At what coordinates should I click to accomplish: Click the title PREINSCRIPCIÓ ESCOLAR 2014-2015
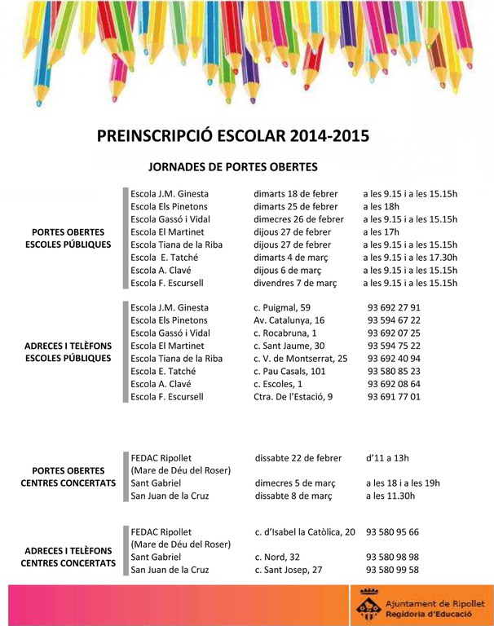pyautogui.click(x=232, y=135)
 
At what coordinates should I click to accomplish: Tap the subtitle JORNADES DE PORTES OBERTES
pyautogui.click(x=232, y=167)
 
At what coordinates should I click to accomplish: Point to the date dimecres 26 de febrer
pyautogui.click(x=298, y=219)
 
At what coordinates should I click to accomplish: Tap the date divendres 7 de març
pyautogui.click(x=295, y=283)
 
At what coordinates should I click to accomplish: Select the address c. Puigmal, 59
pyautogui.click(x=282, y=308)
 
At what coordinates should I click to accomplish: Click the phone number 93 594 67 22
pyautogui.click(x=394, y=320)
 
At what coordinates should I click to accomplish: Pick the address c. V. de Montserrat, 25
pyautogui.click(x=301, y=359)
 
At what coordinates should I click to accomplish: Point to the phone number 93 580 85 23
pyautogui.click(x=394, y=372)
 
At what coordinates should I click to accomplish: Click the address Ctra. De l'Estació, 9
pyautogui.click(x=293, y=397)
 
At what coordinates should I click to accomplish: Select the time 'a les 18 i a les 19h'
pyautogui.click(x=404, y=483)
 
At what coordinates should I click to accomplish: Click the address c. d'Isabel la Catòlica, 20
pyautogui.click(x=305, y=532)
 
